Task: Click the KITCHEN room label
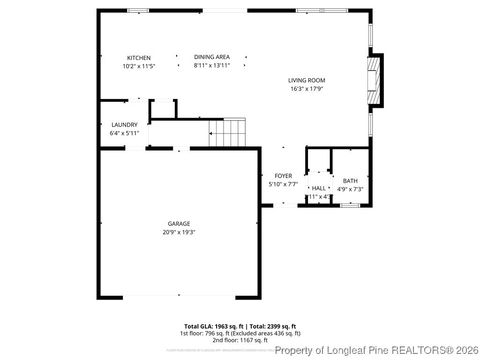138,57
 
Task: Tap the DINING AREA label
212,57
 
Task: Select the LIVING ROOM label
307,80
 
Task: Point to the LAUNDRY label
124,125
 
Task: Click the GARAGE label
179,223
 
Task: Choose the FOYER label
284,176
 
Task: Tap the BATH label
350,180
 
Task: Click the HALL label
318,188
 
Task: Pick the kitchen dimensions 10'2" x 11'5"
139,66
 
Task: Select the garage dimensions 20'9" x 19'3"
179,232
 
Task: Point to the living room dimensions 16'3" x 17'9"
307,89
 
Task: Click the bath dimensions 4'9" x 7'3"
350,189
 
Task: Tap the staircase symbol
232,131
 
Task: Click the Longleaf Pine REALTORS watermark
375,350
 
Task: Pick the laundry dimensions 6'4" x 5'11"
124,134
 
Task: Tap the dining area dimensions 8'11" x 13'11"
212,66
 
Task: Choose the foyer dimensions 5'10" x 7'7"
284,185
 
